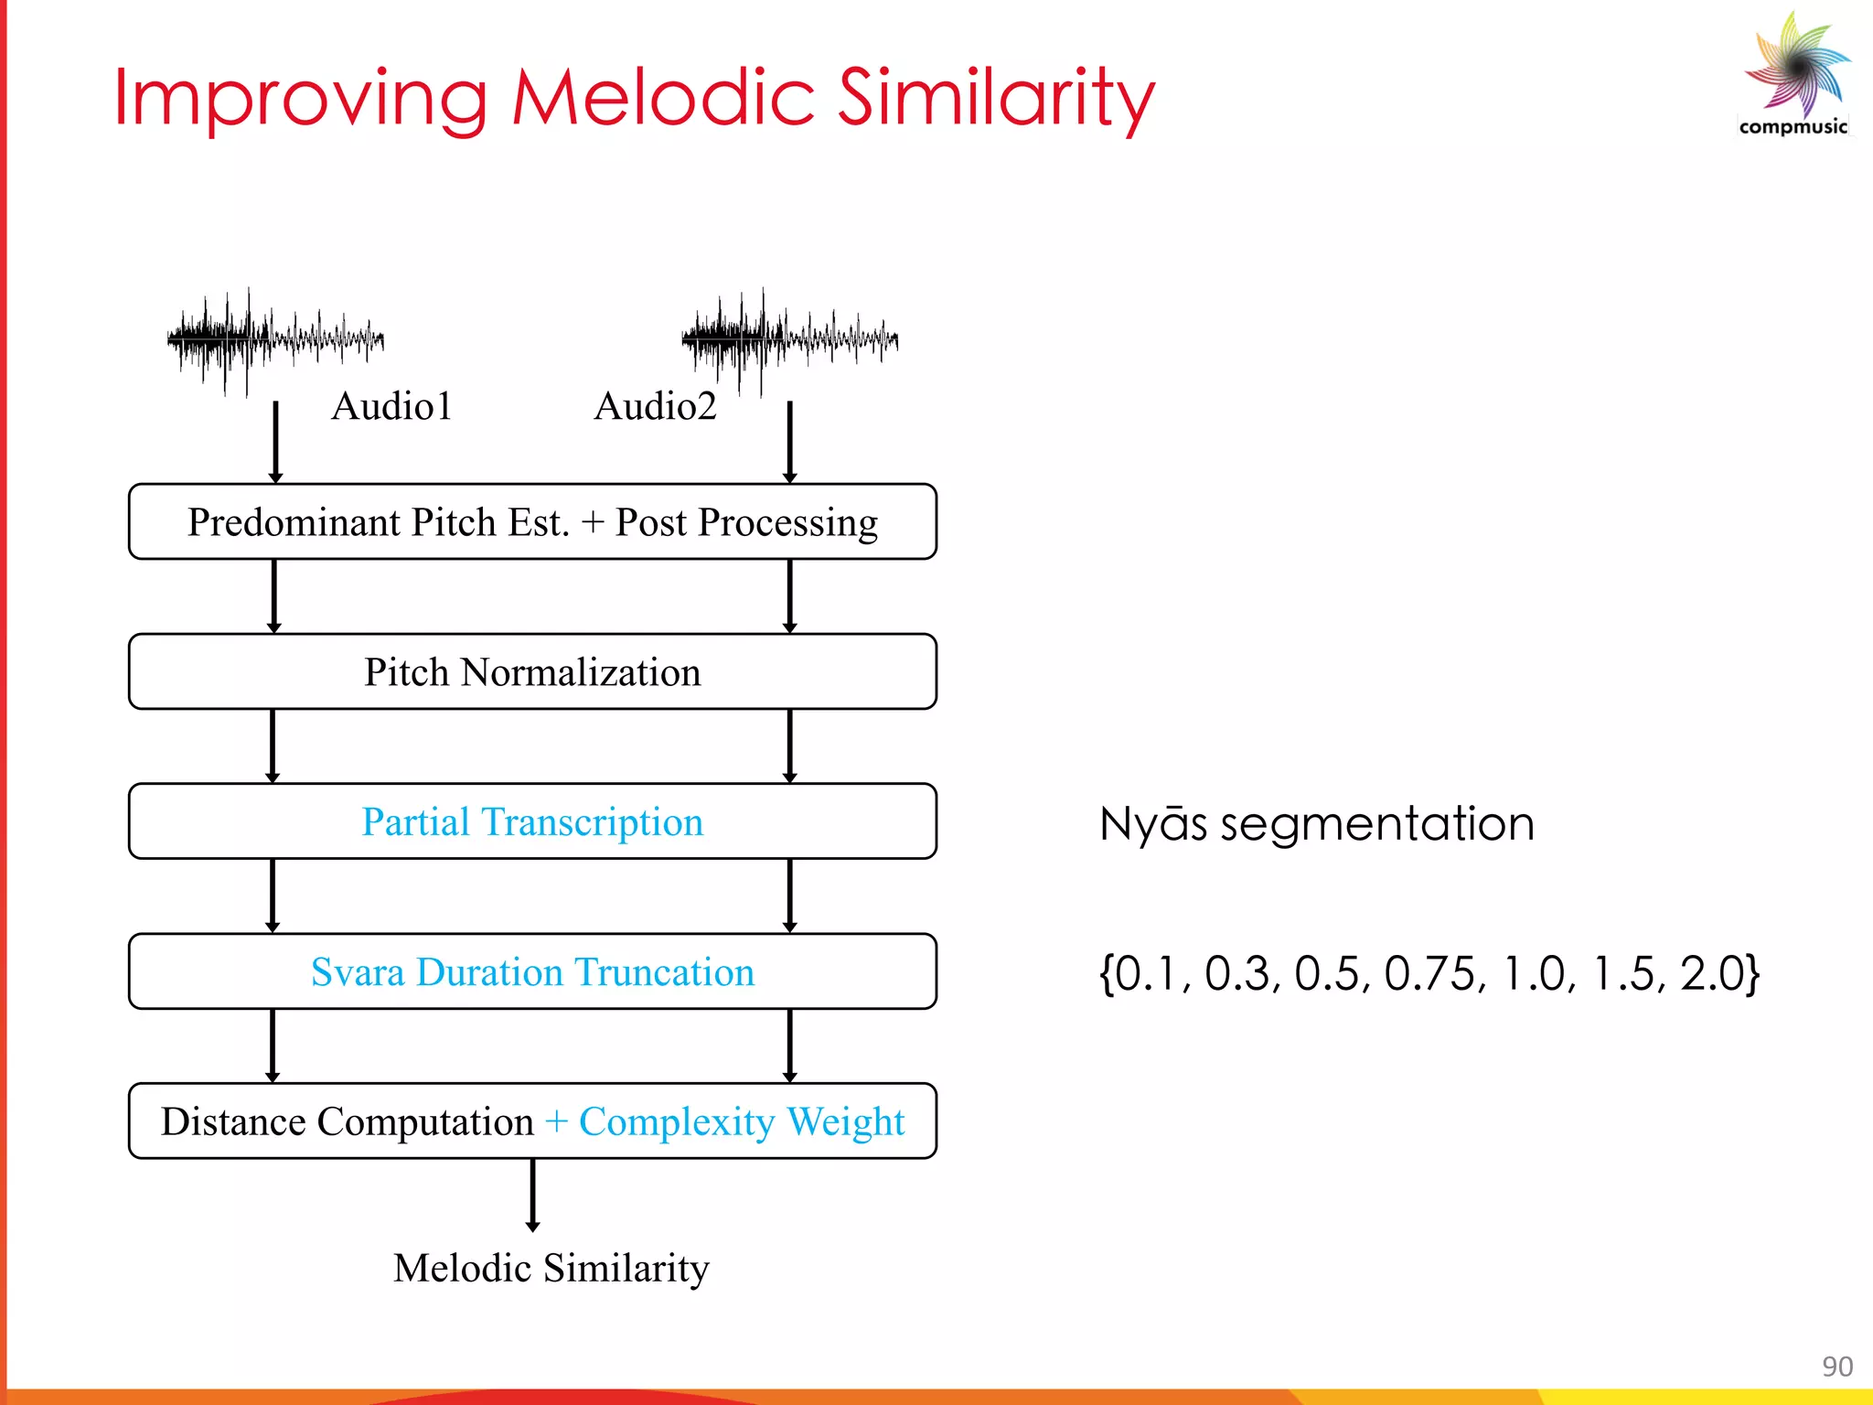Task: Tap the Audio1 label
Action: pos(391,406)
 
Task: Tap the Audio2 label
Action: pos(655,406)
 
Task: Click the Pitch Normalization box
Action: pos(532,672)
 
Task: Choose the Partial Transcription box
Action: pos(532,821)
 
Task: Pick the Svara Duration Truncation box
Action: pos(532,971)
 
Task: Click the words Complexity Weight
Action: pos(741,1122)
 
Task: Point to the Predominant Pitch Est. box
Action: pos(532,522)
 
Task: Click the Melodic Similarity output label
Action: pos(551,1268)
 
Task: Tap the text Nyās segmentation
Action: pos(1315,824)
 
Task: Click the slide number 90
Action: pos(1836,1367)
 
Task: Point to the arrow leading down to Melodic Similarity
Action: pos(532,1195)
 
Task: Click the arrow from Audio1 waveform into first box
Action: pos(275,441)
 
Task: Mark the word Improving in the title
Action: pos(300,99)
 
